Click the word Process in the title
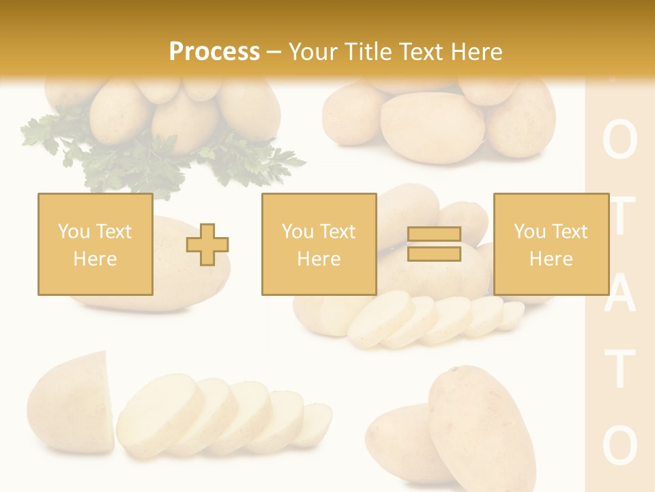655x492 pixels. (x=214, y=51)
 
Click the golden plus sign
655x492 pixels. (x=207, y=244)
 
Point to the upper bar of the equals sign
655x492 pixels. (x=434, y=234)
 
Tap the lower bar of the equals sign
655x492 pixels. (x=434, y=254)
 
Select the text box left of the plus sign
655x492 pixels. (x=95, y=244)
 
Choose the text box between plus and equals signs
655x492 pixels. (x=319, y=244)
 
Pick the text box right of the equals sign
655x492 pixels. (x=551, y=244)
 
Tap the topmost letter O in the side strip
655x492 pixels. (x=620, y=141)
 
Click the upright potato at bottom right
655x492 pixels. (x=471, y=424)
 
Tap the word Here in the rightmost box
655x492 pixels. (x=551, y=258)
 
